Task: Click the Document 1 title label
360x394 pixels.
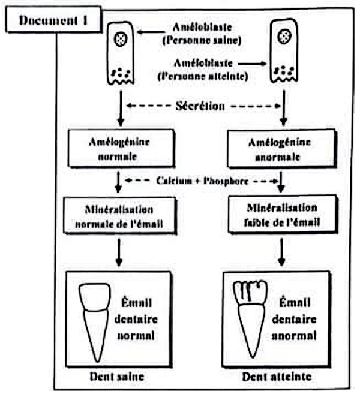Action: coord(53,19)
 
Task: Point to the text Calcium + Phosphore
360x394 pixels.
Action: coord(201,180)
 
